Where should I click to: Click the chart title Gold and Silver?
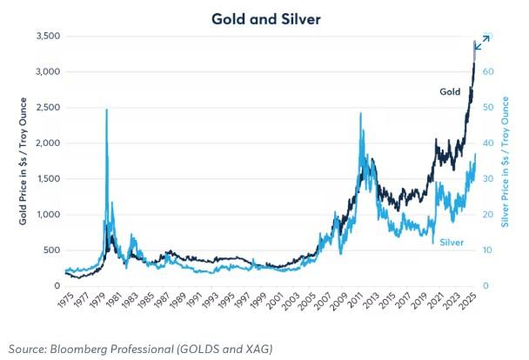coord(265,17)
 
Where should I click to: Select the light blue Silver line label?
coord(452,241)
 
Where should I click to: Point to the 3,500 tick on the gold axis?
coord(46,37)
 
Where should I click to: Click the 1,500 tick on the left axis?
coord(46,179)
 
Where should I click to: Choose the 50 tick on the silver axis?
coord(490,108)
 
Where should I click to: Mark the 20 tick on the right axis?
coord(490,215)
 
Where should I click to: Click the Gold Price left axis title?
coord(23,162)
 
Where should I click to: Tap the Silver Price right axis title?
coord(507,162)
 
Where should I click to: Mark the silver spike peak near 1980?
coord(106,110)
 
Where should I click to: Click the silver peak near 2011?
coord(360,114)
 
